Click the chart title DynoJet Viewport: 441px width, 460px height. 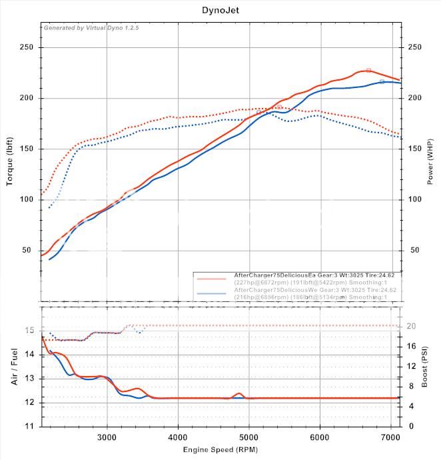coord(220,11)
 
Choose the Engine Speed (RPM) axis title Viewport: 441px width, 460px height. coord(220,451)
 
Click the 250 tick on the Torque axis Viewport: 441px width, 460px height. coord(27,47)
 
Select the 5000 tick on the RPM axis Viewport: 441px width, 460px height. coord(248,437)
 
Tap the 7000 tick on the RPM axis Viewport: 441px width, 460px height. coord(390,437)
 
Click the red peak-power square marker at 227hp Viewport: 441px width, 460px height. coord(368,70)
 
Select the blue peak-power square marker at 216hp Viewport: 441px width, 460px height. coord(382,81)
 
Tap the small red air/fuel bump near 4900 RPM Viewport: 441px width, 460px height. coord(238,394)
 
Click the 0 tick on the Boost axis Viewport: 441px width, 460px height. coord(410,425)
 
